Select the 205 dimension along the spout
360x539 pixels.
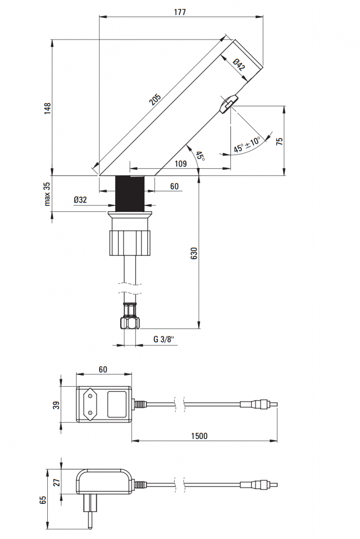point(155,100)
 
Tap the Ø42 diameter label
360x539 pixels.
point(239,64)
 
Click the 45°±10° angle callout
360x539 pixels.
point(247,145)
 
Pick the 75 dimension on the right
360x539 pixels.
point(279,141)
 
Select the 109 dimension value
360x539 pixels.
point(180,164)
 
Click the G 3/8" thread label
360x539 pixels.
point(163,339)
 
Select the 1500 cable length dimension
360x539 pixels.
point(198,435)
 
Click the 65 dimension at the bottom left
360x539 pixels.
point(43,500)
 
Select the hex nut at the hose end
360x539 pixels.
point(130,323)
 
